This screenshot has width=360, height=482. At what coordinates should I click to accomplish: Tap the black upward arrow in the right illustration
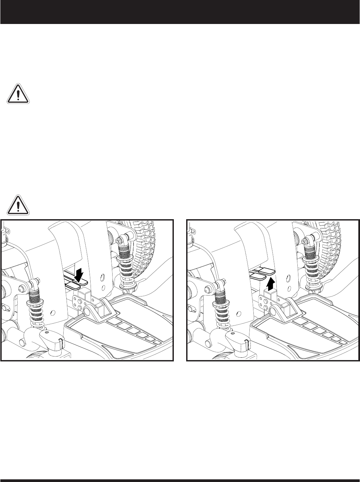(270, 284)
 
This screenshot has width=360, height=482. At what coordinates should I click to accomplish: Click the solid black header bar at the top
(180, 12)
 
